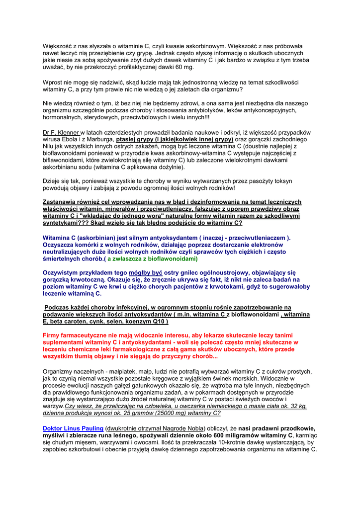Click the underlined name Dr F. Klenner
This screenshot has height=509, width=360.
point(61,132)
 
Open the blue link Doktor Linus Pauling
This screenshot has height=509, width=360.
point(73,428)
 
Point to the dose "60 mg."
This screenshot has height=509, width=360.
point(181,67)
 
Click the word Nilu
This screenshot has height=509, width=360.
point(49,147)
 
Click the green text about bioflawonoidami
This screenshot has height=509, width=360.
point(153,258)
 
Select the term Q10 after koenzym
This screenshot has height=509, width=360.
point(159,322)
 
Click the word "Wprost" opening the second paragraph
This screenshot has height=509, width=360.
point(53,82)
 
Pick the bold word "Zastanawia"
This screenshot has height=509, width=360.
point(62,202)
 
